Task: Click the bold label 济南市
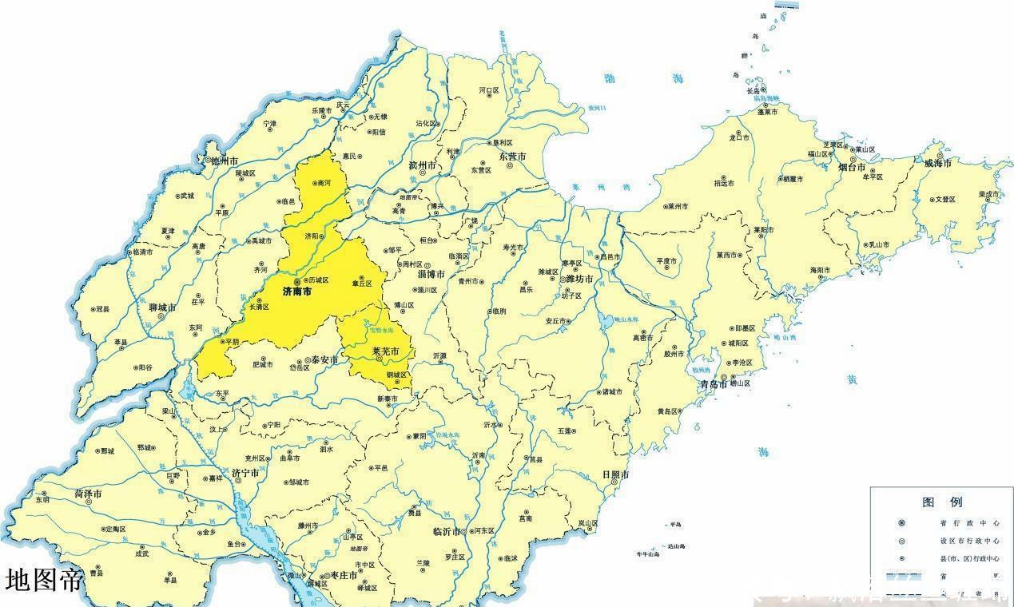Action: [x=297, y=293]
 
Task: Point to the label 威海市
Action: [x=937, y=164]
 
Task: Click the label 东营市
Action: [x=511, y=157]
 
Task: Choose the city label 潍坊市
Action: [x=579, y=280]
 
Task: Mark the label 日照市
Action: [x=615, y=474]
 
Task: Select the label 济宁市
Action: [x=245, y=474]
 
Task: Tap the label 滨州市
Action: [x=422, y=165]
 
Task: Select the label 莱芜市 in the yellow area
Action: [x=386, y=351]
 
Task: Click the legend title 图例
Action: [x=943, y=502]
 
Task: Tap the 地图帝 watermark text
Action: [x=44, y=580]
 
